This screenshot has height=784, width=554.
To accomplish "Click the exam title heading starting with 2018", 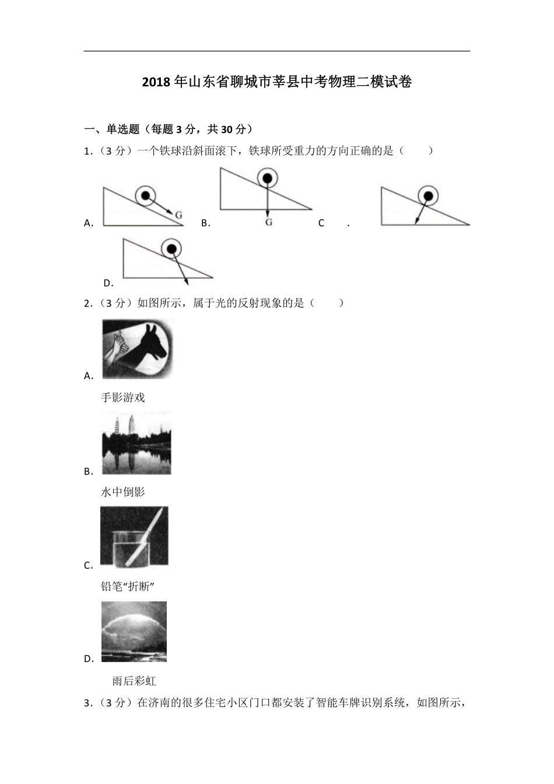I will coord(277,82).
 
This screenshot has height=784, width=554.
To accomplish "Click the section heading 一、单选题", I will coord(169,129).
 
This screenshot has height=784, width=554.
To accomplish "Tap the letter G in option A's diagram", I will coord(178,215).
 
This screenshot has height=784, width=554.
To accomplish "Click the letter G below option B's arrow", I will coord(268,222).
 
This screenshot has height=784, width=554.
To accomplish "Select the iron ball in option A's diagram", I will coord(145,195).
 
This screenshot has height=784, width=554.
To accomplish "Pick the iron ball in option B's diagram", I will coord(267,178).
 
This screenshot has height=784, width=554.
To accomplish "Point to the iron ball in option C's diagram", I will coord(429,195).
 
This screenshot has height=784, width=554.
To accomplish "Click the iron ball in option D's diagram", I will coord(171,249).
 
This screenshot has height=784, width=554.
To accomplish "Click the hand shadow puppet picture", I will coord(138,348).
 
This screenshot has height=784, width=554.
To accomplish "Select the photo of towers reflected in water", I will coord(136,443).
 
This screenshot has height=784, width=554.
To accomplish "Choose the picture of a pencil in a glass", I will coord(134,536).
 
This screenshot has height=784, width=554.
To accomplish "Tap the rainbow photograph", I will coord(134,632).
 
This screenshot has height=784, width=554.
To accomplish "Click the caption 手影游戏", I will coord(123,398).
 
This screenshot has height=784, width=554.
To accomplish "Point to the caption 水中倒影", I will coord(123,492).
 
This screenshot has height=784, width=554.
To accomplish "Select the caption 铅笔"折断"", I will coord(127,587).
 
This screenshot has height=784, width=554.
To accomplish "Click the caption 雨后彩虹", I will coord(134,681).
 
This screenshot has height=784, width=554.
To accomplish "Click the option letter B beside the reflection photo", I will coord(88,471).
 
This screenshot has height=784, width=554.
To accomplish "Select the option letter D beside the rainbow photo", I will coord(88,659).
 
